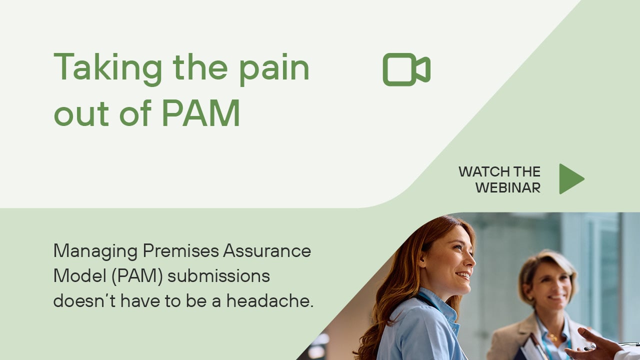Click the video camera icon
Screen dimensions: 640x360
tap(406, 69)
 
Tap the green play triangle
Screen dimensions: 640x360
tap(571, 179)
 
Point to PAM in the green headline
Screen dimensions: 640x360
tap(201, 113)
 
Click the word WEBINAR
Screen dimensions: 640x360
tap(508, 187)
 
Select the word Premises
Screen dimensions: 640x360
tap(181, 250)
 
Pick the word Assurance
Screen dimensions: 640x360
tap(267, 250)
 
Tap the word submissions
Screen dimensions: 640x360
tap(218, 275)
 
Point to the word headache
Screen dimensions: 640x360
tap(270, 301)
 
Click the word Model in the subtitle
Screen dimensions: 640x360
tap(80, 275)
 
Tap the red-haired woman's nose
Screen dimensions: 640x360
tap(471, 260)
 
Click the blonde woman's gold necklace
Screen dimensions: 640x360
tap(553, 337)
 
